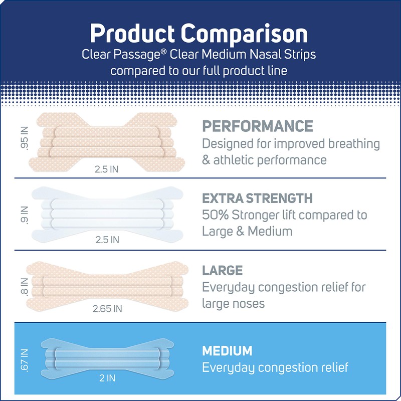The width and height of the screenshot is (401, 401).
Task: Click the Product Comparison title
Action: [198, 34]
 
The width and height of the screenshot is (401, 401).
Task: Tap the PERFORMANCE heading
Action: [257, 126]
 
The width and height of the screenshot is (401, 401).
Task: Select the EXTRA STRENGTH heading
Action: [257, 198]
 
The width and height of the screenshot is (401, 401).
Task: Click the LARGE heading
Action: [222, 271]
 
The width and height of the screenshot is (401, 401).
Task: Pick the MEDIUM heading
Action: [227, 350]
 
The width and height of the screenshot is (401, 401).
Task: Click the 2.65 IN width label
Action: [107, 309]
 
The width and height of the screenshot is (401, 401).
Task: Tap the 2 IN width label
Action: [107, 378]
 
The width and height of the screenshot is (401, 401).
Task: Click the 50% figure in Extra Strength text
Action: [216, 216]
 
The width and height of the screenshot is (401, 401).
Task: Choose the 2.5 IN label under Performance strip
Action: [107, 169]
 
